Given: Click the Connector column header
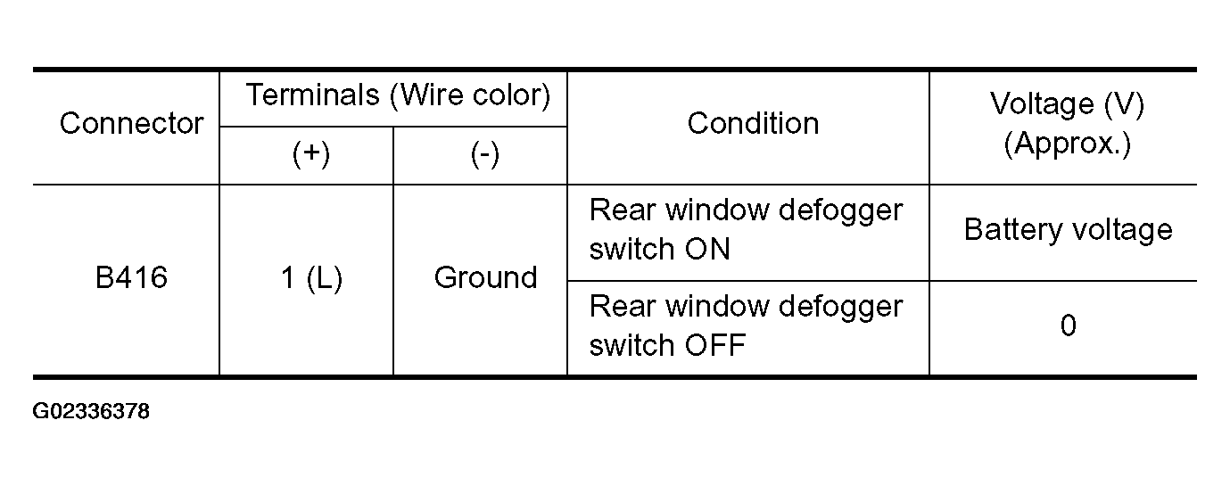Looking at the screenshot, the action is (131, 123).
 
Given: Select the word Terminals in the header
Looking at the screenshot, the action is (312, 95).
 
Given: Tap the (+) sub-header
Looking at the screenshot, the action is (311, 153).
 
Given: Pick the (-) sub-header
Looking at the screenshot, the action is (485, 153).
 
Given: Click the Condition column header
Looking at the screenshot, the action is (754, 123).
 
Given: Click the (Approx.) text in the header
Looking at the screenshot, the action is (1068, 144).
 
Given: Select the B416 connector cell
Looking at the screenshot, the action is (131, 277).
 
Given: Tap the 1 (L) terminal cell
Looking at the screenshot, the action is (311, 278).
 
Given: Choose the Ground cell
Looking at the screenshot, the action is (485, 277).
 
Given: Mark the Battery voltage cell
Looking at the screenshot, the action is (1068, 229).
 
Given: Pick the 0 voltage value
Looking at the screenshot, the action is (1068, 325).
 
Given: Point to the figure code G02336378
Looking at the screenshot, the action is (91, 411).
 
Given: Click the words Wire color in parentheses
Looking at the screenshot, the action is (470, 95).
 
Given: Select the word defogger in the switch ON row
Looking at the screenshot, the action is (841, 211).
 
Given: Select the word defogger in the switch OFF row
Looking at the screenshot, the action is (841, 308).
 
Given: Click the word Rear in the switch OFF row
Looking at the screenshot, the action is (623, 307).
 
